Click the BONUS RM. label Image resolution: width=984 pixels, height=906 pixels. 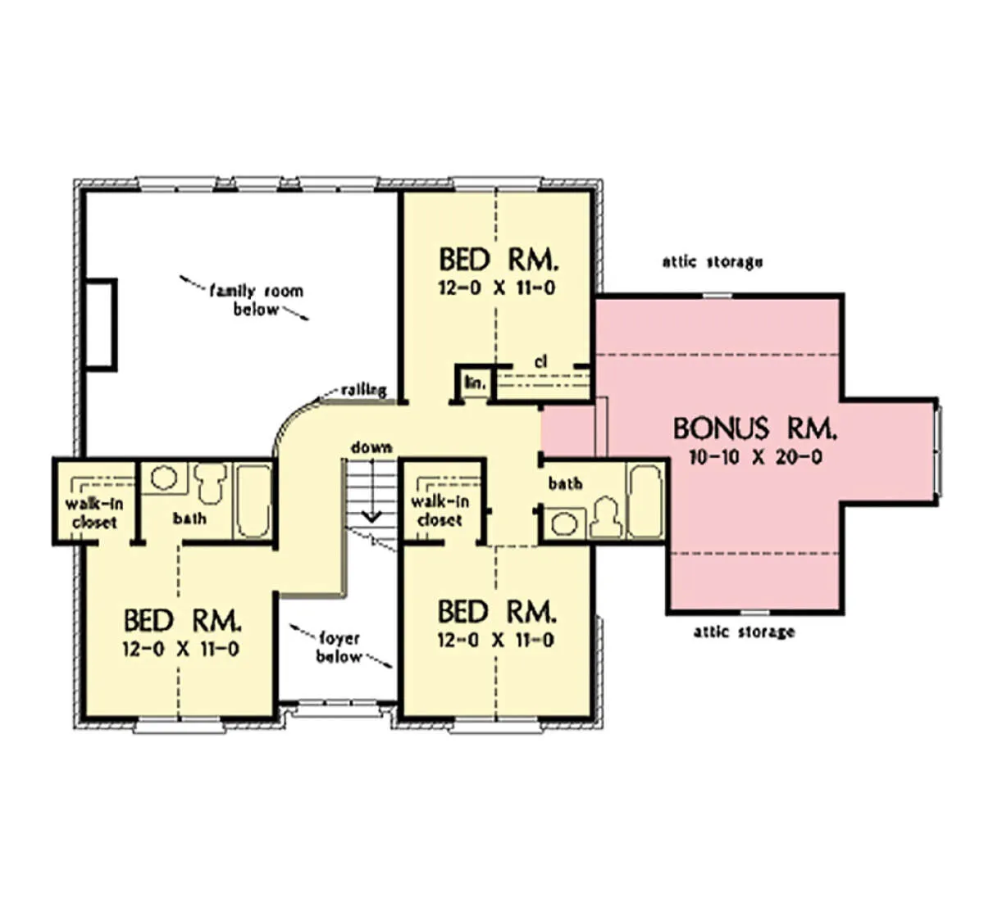coord(755,428)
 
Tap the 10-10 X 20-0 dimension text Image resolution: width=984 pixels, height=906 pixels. coord(755,458)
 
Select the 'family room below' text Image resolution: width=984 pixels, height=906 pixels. coord(257,300)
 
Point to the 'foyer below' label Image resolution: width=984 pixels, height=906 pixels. coord(339,648)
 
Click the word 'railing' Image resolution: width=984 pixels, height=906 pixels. coord(364,390)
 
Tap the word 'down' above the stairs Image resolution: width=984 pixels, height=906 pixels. coord(371,447)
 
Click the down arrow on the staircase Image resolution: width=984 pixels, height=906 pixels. coord(371,490)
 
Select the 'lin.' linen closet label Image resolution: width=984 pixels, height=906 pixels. coord(475,383)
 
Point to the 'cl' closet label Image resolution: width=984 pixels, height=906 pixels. coord(540,362)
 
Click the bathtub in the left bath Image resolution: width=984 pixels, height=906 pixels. coord(253,501)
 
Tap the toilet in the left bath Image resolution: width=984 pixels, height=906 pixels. coord(211,483)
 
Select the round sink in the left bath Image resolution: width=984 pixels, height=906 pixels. coord(164,478)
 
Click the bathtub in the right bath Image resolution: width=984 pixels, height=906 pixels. coord(645,501)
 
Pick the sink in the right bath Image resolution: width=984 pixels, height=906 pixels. coord(564,524)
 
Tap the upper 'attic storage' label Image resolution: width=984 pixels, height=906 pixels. coord(713,262)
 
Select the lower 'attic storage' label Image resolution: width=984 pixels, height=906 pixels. coord(744,632)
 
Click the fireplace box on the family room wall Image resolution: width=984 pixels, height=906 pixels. coord(101,324)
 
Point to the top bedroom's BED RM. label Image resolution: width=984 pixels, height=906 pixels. coord(499,260)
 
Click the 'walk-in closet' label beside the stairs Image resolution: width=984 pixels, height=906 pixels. coord(440,510)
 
